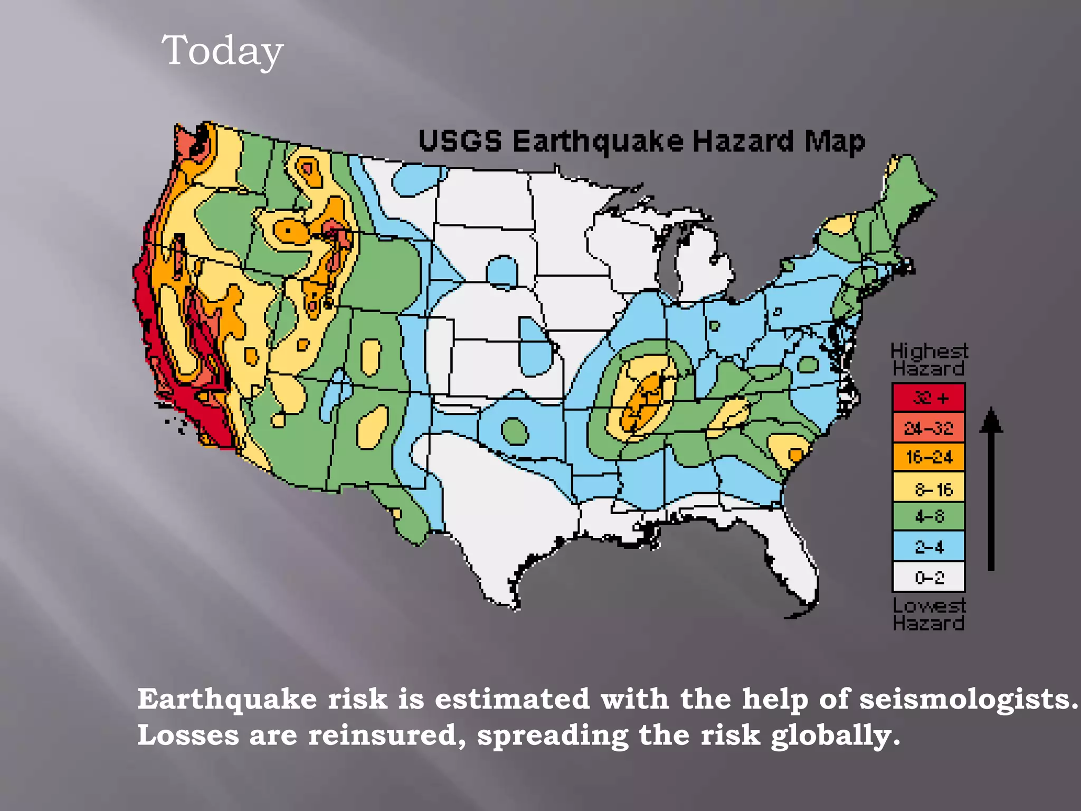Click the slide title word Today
click(x=222, y=51)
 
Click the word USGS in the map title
click(x=460, y=142)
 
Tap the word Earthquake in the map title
click(x=598, y=142)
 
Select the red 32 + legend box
click(x=928, y=398)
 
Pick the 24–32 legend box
click(x=928, y=428)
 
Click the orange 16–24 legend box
click(x=928, y=457)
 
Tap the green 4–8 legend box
click(x=928, y=516)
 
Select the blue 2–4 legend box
click(x=928, y=546)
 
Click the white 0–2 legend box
click(x=928, y=577)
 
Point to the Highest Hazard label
click(x=928, y=360)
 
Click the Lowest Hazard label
click(x=928, y=615)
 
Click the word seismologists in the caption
click(x=969, y=700)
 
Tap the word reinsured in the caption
click(x=387, y=735)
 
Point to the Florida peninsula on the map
click(x=792, y=560)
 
